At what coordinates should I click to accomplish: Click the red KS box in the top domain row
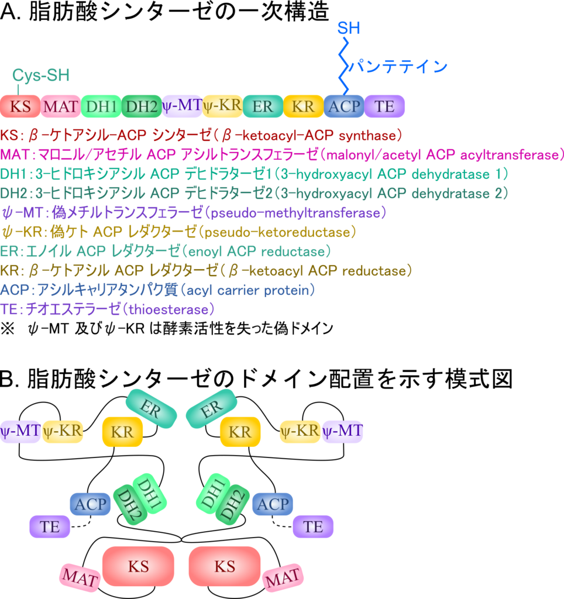[x=20, y=106]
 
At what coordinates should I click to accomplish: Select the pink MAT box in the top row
[x=60, y=106]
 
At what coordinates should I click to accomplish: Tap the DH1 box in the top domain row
[x=101, y=106]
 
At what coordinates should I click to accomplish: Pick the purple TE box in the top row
[x=384, y=106]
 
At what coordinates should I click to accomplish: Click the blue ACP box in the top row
[x=344, y=106]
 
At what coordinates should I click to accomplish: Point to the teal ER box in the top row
[x=263, y=106]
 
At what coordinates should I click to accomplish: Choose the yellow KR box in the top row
[x=303, y=106]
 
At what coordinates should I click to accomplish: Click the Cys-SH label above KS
[x=41, y=75]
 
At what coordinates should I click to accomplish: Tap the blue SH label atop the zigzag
[x=349, y=28]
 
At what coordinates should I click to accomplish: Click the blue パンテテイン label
[x=398, y=67]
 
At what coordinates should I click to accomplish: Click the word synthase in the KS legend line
[x=372, y=136]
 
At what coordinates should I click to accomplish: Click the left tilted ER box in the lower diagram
[x=151, y=408]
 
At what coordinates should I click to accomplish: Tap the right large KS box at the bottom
[x=225, y=566]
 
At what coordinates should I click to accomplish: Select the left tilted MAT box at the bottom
[x=80, y=578]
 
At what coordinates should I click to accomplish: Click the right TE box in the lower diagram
[x=313, y=526]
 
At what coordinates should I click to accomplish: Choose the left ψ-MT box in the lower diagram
[x=20, y=432]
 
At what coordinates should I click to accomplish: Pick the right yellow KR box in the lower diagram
[x=240, y=432]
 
